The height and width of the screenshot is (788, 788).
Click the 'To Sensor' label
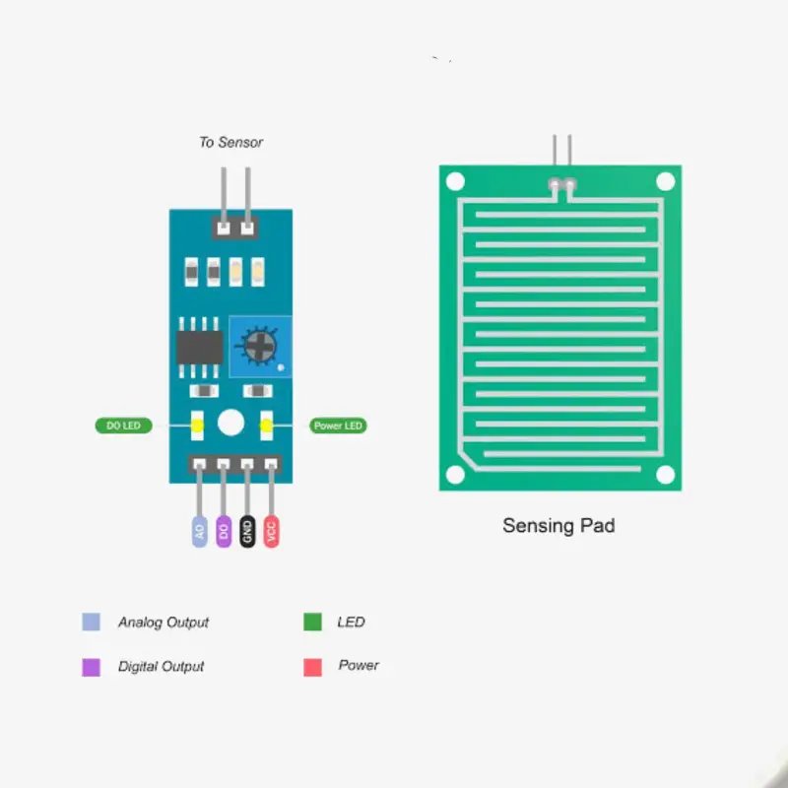(230, 142)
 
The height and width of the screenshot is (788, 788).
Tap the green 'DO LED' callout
(123, 426)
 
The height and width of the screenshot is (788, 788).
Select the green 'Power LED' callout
(338, 426)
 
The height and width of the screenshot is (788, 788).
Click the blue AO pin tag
(200, 532)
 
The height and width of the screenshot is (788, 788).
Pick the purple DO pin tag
(224, 532)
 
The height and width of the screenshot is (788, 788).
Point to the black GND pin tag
(247, 532)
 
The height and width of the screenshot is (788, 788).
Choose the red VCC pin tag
(272, 532)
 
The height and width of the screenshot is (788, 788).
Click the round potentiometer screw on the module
(259, 344)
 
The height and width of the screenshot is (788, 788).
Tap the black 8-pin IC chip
(199, 346)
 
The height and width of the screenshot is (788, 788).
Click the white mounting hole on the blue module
(230, 423)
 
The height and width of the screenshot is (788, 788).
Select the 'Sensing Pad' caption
(558, 526)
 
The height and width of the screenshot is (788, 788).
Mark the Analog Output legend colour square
(91, 623)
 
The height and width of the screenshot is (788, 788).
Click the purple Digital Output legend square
(91, 667)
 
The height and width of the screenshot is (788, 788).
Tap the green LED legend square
(312, 623)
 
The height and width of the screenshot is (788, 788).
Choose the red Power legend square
(312, 667)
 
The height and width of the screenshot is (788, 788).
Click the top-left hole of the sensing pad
(455, 181)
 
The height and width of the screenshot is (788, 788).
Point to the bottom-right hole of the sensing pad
(665, 475)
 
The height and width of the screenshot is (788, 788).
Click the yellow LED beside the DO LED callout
(197, 426)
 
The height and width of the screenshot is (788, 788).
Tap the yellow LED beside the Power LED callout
(265, 426)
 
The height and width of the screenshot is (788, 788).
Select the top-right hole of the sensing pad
(665, 181)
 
